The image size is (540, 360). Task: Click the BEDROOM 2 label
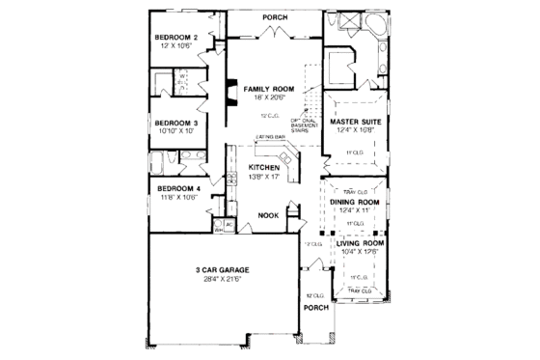(x=177, y=38)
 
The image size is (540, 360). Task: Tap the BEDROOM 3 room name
(x=176, y=124)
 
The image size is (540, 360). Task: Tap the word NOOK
(x=267, y=216)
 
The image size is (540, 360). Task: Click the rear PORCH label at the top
(x=278, y=17)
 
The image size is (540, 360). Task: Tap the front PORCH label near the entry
(x=314, y=308)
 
